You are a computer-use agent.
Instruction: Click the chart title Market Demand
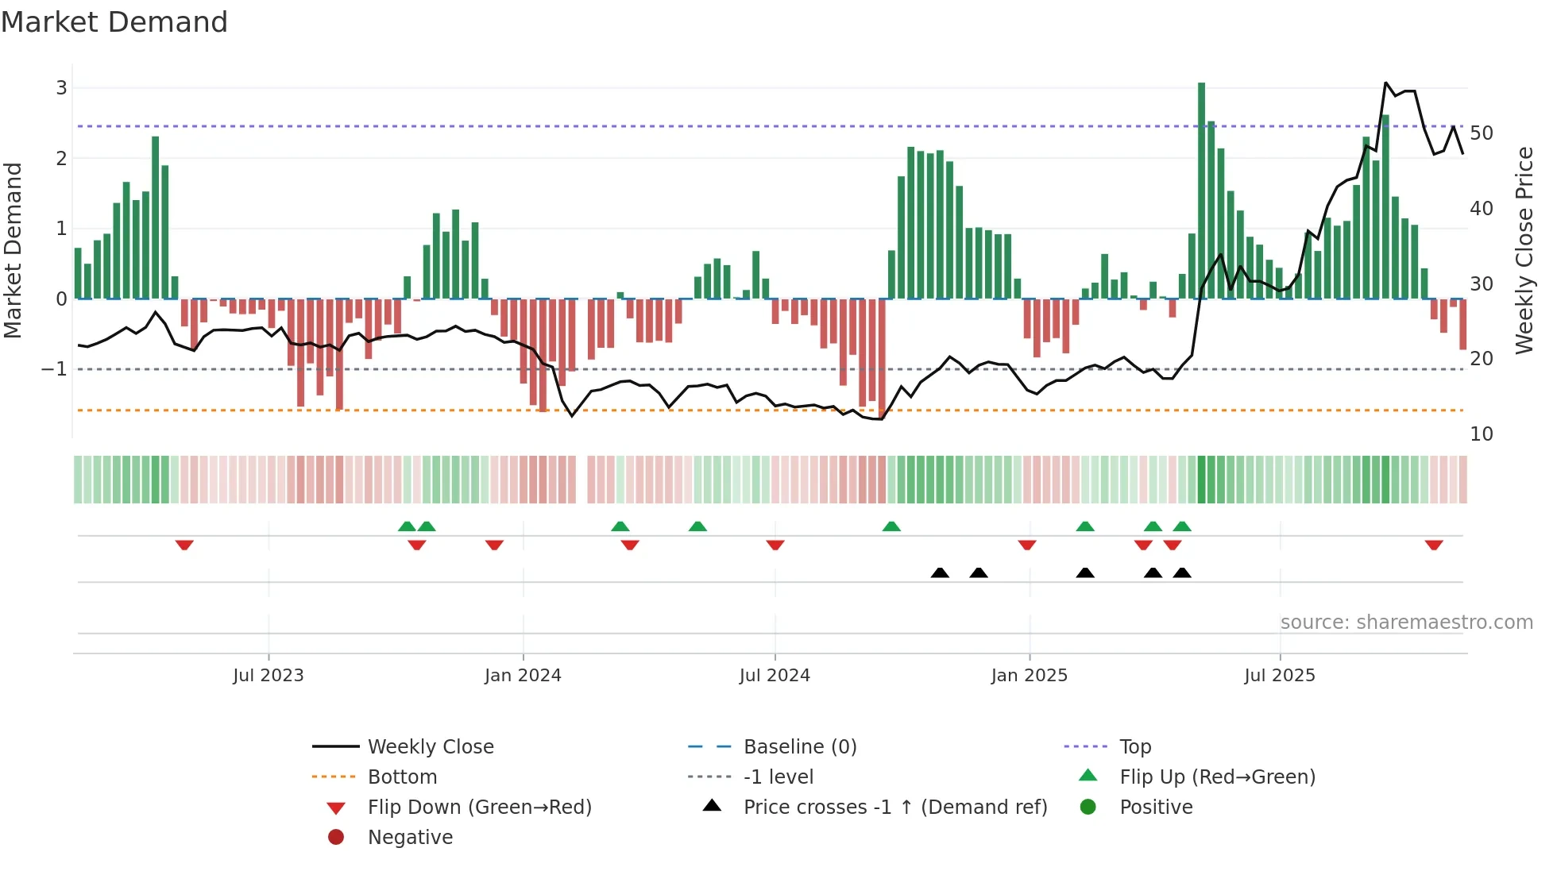pos(114,22)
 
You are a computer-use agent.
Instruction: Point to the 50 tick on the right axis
pos(1481,133)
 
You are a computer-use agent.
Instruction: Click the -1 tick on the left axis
pos(54,369)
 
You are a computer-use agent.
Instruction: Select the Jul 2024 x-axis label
pos(775,676)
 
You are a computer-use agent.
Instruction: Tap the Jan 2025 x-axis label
pos(1030,676)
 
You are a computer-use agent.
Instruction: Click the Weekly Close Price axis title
pos(1524,250)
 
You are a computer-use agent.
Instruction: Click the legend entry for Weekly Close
pos(430,747)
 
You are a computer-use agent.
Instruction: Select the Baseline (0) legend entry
pos(799,747)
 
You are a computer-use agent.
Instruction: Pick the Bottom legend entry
pos(402,777)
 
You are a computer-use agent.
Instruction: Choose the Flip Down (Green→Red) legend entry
pos(479,808)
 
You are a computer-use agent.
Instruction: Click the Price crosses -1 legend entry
pos(894,808)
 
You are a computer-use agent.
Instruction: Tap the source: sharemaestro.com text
pos(1406,623)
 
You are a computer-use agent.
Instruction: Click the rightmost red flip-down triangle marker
pos(1434,545)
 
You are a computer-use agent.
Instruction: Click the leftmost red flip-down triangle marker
pos(184,545)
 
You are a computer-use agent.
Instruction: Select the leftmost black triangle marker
pos(940,572)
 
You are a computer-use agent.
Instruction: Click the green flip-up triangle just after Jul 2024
pos(891,526)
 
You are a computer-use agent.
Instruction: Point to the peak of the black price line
pos(1385,83)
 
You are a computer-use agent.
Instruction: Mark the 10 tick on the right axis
pos(1481,434)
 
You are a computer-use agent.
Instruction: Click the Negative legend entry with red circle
pos(409,838)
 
